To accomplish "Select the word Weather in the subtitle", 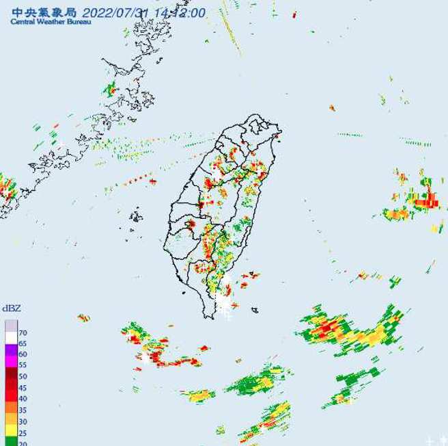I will [47, 21].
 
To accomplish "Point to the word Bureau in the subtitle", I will [76, 21].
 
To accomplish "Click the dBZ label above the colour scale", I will [11, 309].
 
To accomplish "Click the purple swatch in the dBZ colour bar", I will [12, 349].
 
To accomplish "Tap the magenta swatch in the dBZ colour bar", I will [12, 360].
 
